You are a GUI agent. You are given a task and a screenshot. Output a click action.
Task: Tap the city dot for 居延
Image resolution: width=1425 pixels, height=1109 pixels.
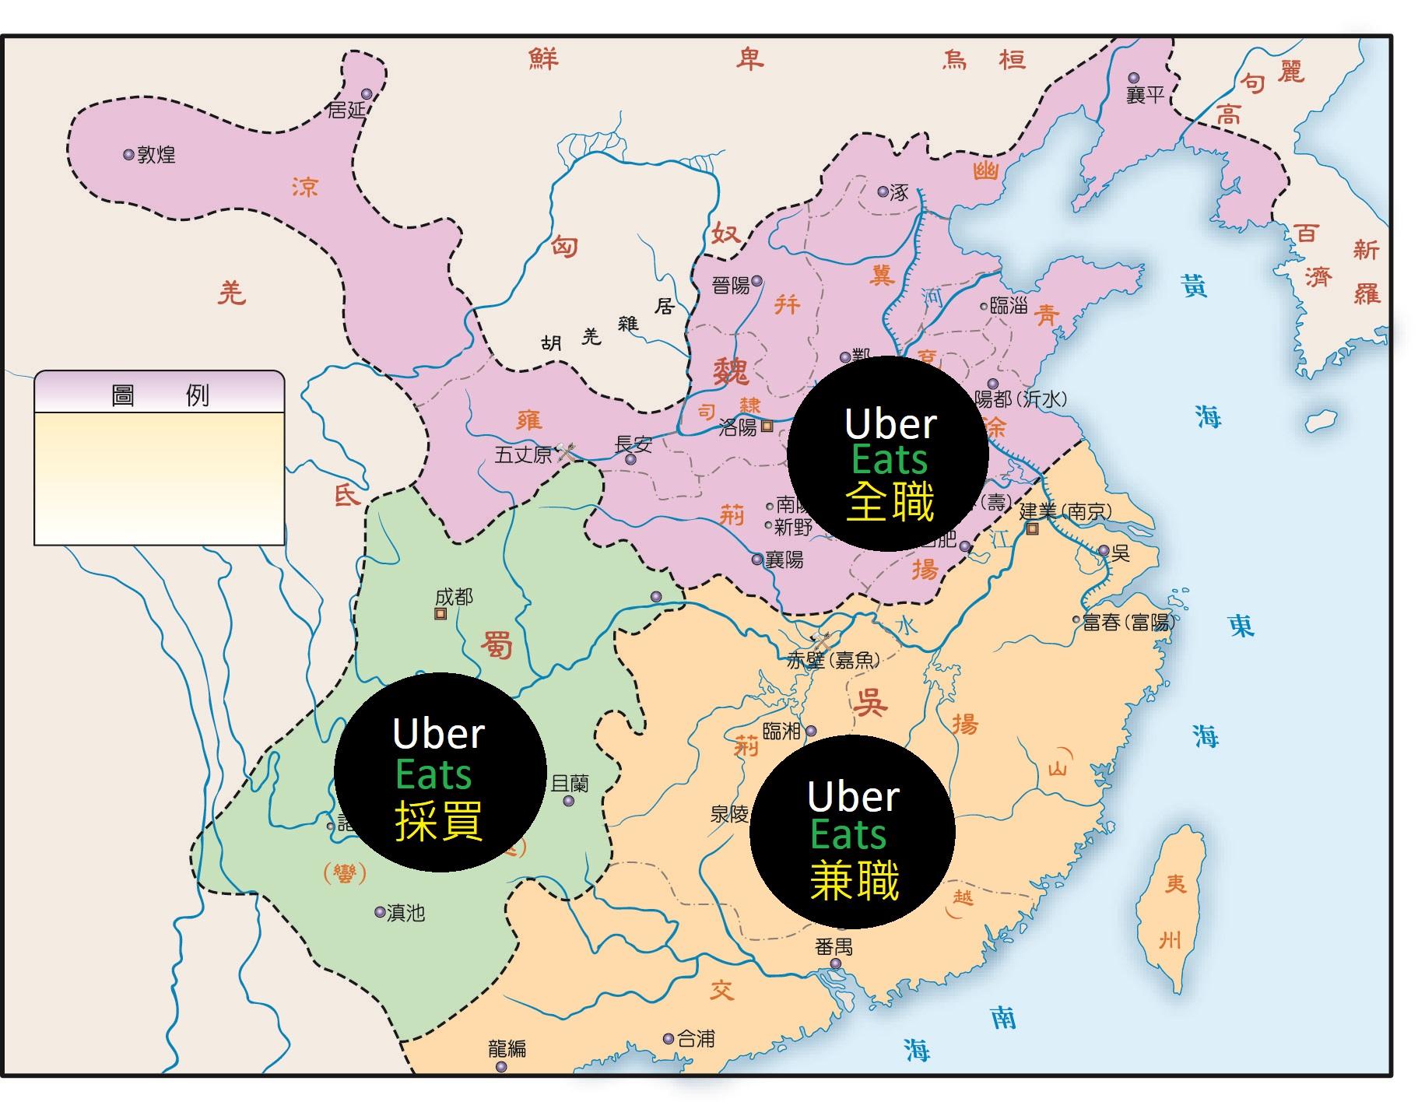367,94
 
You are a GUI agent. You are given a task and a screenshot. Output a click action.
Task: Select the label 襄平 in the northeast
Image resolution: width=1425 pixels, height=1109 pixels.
1146,95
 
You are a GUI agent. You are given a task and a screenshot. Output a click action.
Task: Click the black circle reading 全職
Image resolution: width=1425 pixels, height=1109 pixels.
888,454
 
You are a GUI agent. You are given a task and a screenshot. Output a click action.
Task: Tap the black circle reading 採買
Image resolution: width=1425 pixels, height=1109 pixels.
440,772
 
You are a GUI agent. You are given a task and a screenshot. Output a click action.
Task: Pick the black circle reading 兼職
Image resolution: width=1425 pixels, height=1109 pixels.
852,831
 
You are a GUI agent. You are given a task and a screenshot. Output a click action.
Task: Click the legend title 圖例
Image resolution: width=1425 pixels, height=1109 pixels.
160,395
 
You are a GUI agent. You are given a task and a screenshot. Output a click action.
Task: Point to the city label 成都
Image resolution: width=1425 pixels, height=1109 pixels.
454,597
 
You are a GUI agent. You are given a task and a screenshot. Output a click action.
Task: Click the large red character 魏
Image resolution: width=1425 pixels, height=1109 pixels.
732,371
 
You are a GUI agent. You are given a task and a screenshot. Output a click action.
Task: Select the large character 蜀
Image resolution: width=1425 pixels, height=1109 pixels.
496,645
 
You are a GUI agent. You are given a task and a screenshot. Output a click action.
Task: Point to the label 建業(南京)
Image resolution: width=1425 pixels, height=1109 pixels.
1065,511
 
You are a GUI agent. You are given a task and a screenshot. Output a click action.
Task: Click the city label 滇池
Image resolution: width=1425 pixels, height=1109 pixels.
405,912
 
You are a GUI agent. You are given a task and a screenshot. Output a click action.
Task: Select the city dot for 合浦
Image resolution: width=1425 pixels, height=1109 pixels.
669,1038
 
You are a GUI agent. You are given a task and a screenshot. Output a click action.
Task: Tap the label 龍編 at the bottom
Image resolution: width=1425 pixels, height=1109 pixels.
507,1048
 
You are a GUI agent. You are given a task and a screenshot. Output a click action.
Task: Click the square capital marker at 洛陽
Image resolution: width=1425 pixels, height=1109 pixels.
767,426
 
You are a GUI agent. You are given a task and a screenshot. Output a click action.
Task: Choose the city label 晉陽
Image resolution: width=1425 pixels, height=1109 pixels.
730,286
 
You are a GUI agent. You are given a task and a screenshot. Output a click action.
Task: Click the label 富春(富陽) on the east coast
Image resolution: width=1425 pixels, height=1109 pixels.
1128,622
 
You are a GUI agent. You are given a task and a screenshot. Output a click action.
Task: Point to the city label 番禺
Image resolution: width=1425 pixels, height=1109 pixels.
834,947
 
